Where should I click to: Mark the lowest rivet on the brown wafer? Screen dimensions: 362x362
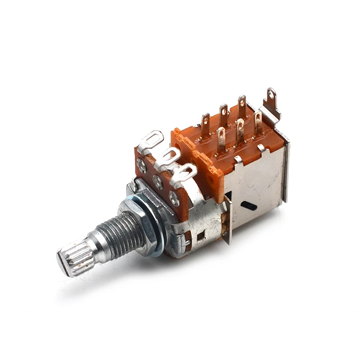174,197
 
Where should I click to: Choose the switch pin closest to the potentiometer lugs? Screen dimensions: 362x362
205,124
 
